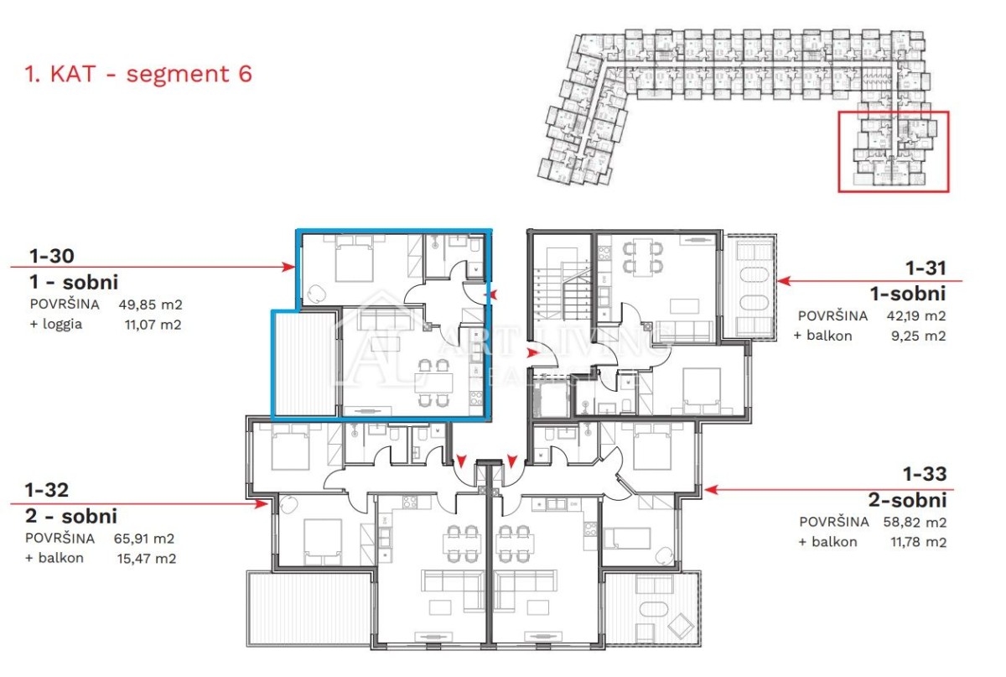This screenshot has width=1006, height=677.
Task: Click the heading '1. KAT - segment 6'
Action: (x=138, y=74)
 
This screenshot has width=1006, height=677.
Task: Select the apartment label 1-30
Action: (x=52, y=256)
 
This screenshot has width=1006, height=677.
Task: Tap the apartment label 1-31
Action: (x=926, y=268)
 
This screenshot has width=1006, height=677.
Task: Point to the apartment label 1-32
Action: (x=47, y=490)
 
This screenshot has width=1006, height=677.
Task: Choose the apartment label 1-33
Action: (x=925, y=474)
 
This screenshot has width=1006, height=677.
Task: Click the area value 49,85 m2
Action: (x=150, y=305)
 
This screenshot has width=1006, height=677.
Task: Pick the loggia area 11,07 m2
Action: (x=153, y=325)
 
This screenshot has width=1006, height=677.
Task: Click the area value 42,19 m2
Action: (x=916, y=316)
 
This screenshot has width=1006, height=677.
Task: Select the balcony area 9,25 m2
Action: (x=919, y=336)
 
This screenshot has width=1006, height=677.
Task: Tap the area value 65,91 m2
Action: (x=143, y=538)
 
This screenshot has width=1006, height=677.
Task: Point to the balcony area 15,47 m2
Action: (x=147, y=559)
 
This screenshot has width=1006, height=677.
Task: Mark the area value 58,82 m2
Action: (x=915, y=522)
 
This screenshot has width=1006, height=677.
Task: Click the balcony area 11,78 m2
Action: (x=919, y=542)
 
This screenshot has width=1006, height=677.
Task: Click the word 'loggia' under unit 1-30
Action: (x=62, y=325)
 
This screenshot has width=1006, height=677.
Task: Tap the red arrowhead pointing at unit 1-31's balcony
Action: (x=784, y=281)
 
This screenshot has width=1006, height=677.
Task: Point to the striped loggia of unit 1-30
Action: (x=305, y=364)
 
